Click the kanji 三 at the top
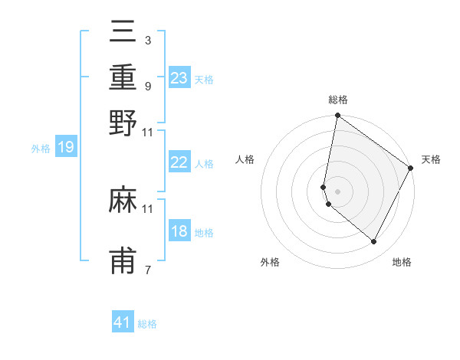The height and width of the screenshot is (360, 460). tap(123, 32)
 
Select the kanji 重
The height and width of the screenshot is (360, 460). tap(123, 78)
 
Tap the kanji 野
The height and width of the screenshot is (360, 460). tap(123, 123)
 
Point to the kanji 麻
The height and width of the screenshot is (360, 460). tap(123, 201)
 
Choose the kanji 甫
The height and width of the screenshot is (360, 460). tap(123, 261)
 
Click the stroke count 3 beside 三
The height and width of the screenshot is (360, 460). tap(147, 40)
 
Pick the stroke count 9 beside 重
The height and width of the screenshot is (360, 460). tap(147, 86)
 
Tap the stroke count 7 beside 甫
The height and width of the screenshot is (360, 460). tap(147, 270)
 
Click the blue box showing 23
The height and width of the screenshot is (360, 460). tap(179, 78)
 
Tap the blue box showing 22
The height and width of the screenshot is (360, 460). tap(179, 162)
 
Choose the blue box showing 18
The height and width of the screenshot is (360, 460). tap(179, 231)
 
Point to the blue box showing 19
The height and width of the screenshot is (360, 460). tap(66, 147)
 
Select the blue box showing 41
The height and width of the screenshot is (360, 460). tap(123, 322)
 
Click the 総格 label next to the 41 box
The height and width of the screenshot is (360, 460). tap(147, 324)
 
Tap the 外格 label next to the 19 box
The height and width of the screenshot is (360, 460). tap(41, 149)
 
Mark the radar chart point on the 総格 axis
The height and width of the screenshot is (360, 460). tap(337, 116)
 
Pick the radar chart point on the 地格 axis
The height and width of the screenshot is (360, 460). tap(374, 242)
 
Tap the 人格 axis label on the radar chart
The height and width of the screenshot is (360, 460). tap(245, 159)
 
